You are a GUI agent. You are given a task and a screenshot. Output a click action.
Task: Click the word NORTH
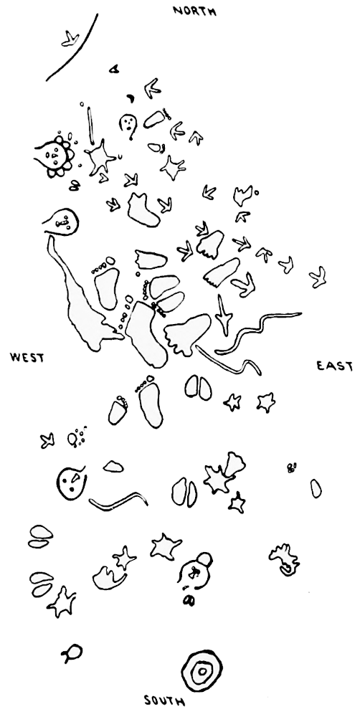(x=194, y=10)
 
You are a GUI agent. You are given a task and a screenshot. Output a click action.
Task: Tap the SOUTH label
(x=164, y=701)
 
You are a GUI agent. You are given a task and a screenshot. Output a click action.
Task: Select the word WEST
(x=27, y=357)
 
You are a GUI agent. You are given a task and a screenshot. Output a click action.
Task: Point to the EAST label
(x=334, y=366)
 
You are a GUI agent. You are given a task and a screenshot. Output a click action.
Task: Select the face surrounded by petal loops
(x=55, y=156)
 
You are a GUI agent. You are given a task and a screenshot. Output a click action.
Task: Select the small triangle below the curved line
(x=114, y=69)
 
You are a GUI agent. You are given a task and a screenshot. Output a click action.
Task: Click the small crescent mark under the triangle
(x=131, y=98)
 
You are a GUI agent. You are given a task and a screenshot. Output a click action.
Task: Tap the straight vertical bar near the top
(x=90, y=125)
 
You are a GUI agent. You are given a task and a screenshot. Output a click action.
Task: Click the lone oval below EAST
(x=315, y=488)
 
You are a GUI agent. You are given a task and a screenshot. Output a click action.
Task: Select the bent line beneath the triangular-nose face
(x=118, y=502)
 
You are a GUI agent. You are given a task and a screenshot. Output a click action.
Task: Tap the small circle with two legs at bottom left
(x=72, y=653)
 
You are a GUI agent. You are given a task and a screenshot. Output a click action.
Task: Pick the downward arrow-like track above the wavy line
(x=224, y=315)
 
